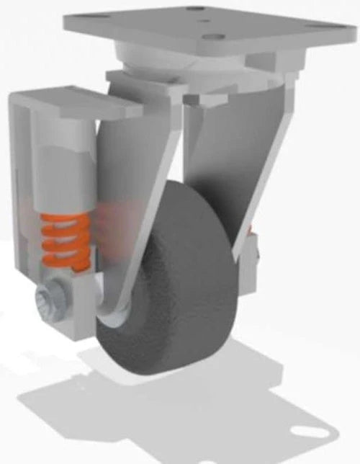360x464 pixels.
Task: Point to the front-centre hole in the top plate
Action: tap(211, 37)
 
